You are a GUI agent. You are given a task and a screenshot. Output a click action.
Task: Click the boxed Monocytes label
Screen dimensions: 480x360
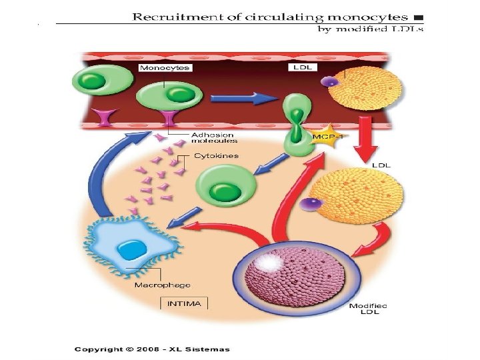(x=165, y=67)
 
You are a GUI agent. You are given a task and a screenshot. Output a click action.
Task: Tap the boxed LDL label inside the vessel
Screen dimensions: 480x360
(x=303, y=67)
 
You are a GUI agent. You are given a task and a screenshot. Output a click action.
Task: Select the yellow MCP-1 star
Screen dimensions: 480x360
(x=327, y=135)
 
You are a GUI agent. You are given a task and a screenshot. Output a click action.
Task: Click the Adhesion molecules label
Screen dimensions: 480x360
(x=214, y=138)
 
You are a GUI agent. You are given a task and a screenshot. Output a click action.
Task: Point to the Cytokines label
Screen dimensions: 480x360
(x=217, y=156)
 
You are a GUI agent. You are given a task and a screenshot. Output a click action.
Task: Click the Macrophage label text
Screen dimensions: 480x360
(x=162, y=285)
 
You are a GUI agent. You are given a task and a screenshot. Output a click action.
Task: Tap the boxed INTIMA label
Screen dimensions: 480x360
(x=184, y=304)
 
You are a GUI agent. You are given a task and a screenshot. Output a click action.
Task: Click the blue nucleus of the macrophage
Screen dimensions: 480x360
(x=131, y=249)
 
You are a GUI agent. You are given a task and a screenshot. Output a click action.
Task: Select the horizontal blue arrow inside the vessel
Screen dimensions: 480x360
(x=244, y=98)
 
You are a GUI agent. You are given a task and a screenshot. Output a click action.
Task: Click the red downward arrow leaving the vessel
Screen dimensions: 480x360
(x=365, y=139)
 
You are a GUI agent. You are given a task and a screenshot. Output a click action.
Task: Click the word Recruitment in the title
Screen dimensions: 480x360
(x=178, y=17)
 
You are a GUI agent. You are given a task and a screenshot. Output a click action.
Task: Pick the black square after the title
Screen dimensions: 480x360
(x=419, y=18)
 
